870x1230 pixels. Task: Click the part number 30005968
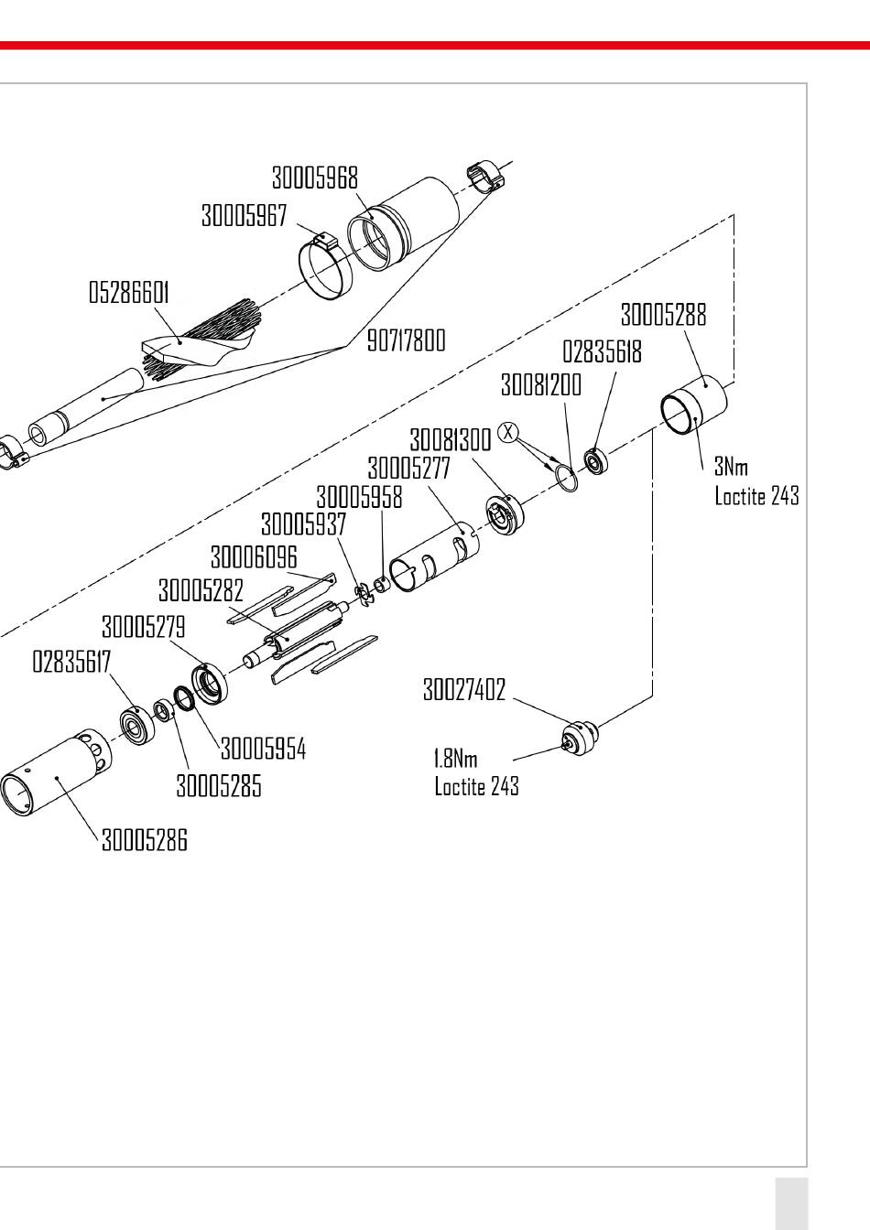pyautogui.click(x=315, y=178)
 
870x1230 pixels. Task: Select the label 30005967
pyautogui.click(x=244, y=215)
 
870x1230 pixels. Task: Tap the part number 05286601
pyautogui.click(x=128, y=292)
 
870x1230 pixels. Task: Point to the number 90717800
pyautogui.click(x=406, y=340)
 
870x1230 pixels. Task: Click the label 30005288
pyautogui.click(x=663, y=315)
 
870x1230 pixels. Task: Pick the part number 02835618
pyautogui.click(x=602, y=351)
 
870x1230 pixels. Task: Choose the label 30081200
pyautogui.click(x=541, y=384)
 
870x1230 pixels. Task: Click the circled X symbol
pyautogui.click(x=508, y=432)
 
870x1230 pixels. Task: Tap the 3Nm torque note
pyautogui.click(x=731, y=467)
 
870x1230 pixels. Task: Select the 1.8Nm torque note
pyautogui.click(x=456, y=759)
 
